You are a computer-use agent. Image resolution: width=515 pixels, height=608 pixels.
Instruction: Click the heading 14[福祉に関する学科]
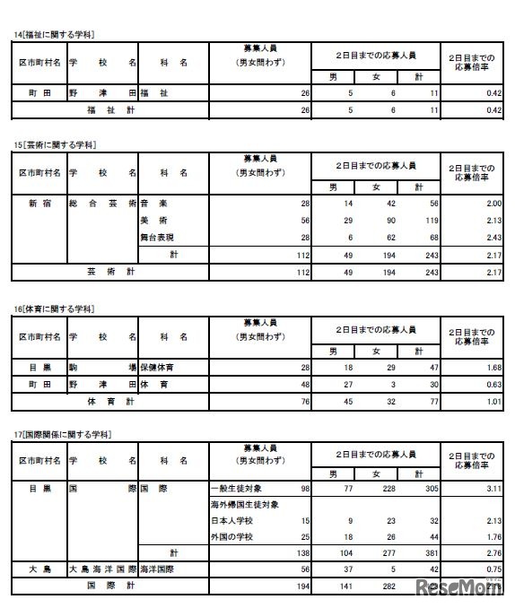(55, 34)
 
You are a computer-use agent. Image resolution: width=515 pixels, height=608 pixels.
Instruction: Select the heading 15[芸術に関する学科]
(55, 143)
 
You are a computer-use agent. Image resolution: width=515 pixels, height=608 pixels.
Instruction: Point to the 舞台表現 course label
(158, 237)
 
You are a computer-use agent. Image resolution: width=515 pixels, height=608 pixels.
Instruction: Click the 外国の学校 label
(228, 536)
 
